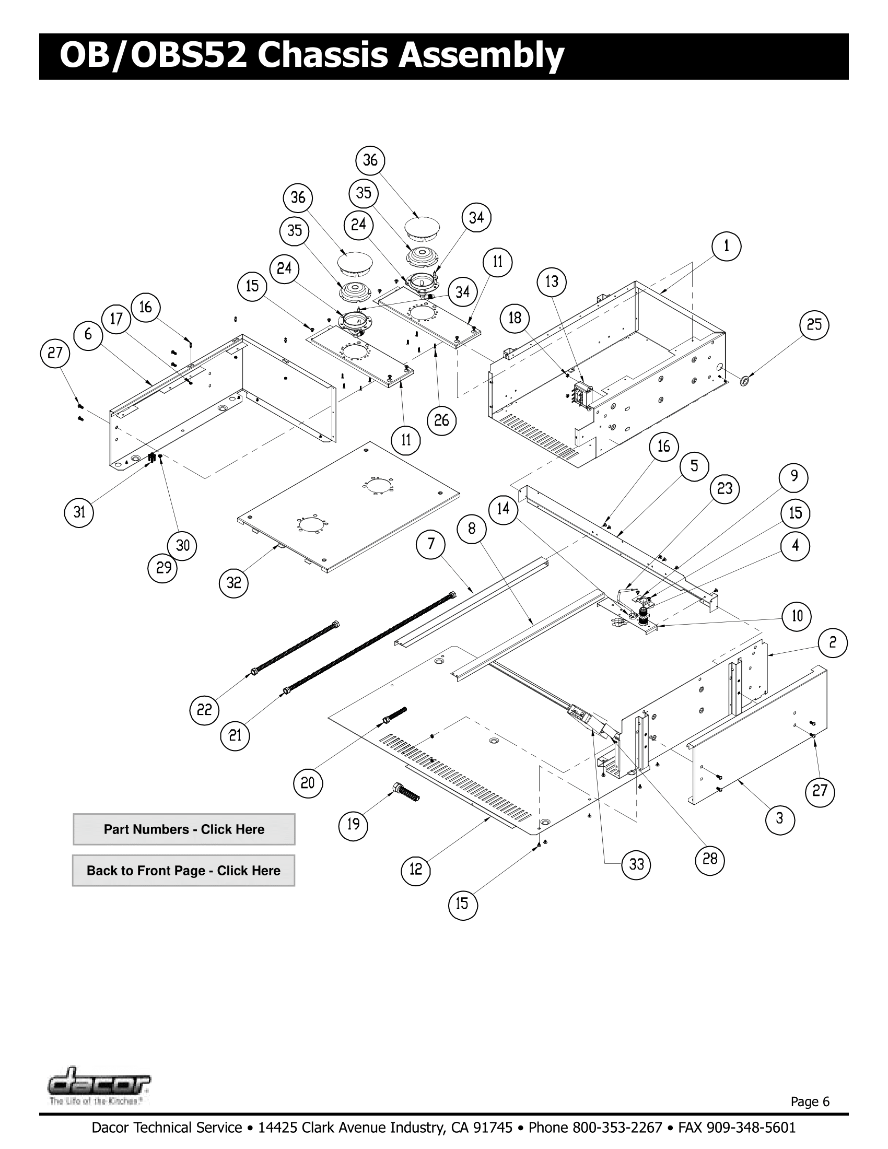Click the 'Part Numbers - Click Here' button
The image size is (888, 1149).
pos(183,829)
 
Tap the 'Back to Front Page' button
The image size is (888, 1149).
pos(183,871)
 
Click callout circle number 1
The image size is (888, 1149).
pos(726,246)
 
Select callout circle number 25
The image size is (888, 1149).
pos(814,325)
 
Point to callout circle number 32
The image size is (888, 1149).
pos(233,582)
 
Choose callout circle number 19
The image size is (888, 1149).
pos(353,824)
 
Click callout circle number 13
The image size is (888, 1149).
pos(551,282)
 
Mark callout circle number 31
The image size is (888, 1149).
pos(79,512)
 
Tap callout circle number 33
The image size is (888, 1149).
pos(637,864)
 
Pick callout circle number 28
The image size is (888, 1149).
pos(710,859)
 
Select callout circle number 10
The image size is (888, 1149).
pos(797,616)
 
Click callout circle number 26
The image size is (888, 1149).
pos(441,420)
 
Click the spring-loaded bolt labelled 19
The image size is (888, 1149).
pos(406,792)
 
